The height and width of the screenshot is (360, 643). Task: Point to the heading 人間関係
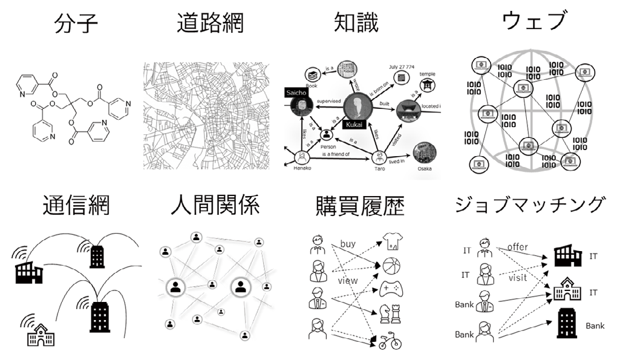215,206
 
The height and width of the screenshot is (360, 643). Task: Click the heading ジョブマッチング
529,206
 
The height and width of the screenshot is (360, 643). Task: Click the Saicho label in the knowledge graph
297,93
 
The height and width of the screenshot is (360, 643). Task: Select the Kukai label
356,123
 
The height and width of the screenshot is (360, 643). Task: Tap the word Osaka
424,169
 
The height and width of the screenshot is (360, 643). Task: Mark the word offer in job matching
518,247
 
